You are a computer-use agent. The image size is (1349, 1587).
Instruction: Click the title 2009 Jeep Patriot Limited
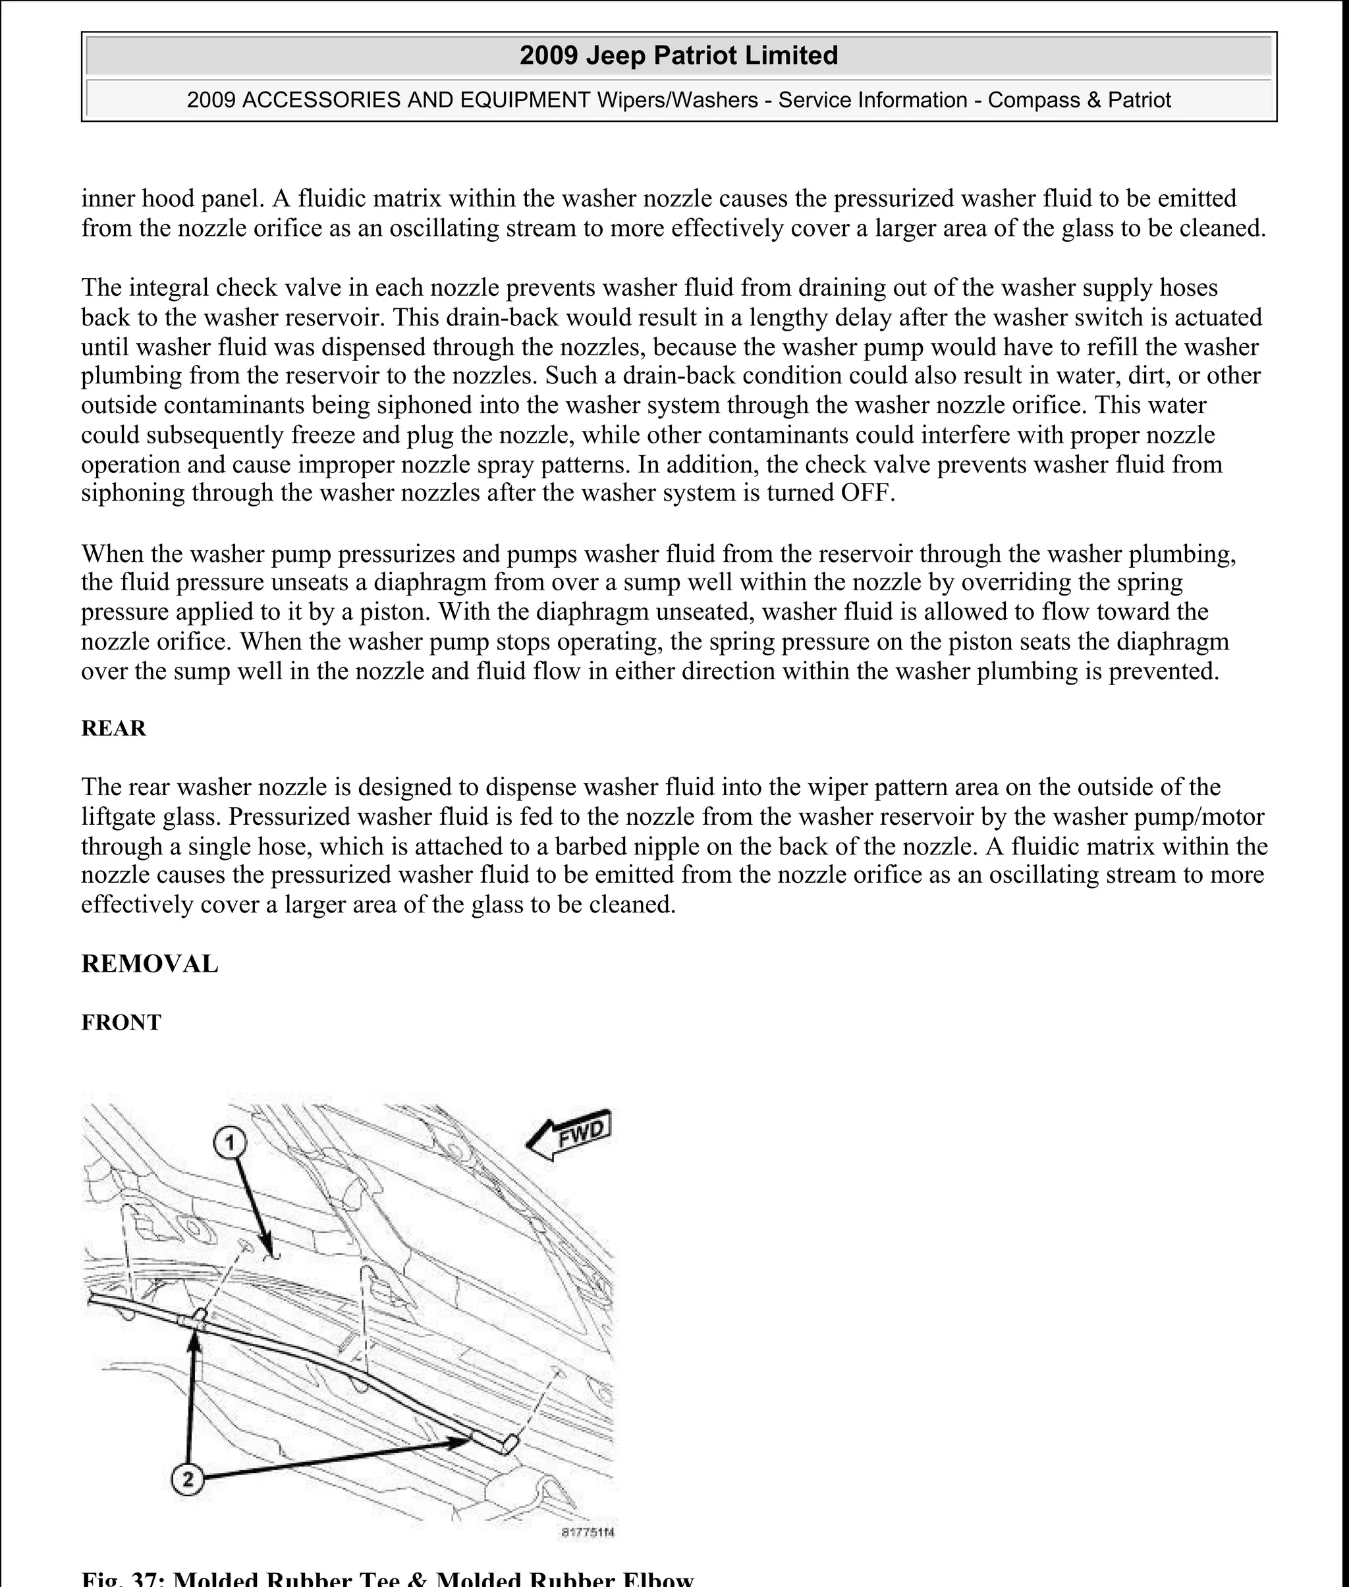click(678, 56)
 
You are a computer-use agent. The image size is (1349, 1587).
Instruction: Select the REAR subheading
click(113, 728)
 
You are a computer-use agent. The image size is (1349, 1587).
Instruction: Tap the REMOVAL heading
click(150, 964)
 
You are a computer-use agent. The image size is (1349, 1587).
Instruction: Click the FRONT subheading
click(121, 1022)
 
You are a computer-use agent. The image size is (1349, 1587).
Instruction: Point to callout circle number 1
click(229, 1144)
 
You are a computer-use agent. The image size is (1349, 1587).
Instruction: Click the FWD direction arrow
click(570, 1134)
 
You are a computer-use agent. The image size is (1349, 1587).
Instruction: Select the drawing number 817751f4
click(588, 1532)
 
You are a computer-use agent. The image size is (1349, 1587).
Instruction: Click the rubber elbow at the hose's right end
click(507, 1445)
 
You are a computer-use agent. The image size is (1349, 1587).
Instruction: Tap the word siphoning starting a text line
click(132, 493)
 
